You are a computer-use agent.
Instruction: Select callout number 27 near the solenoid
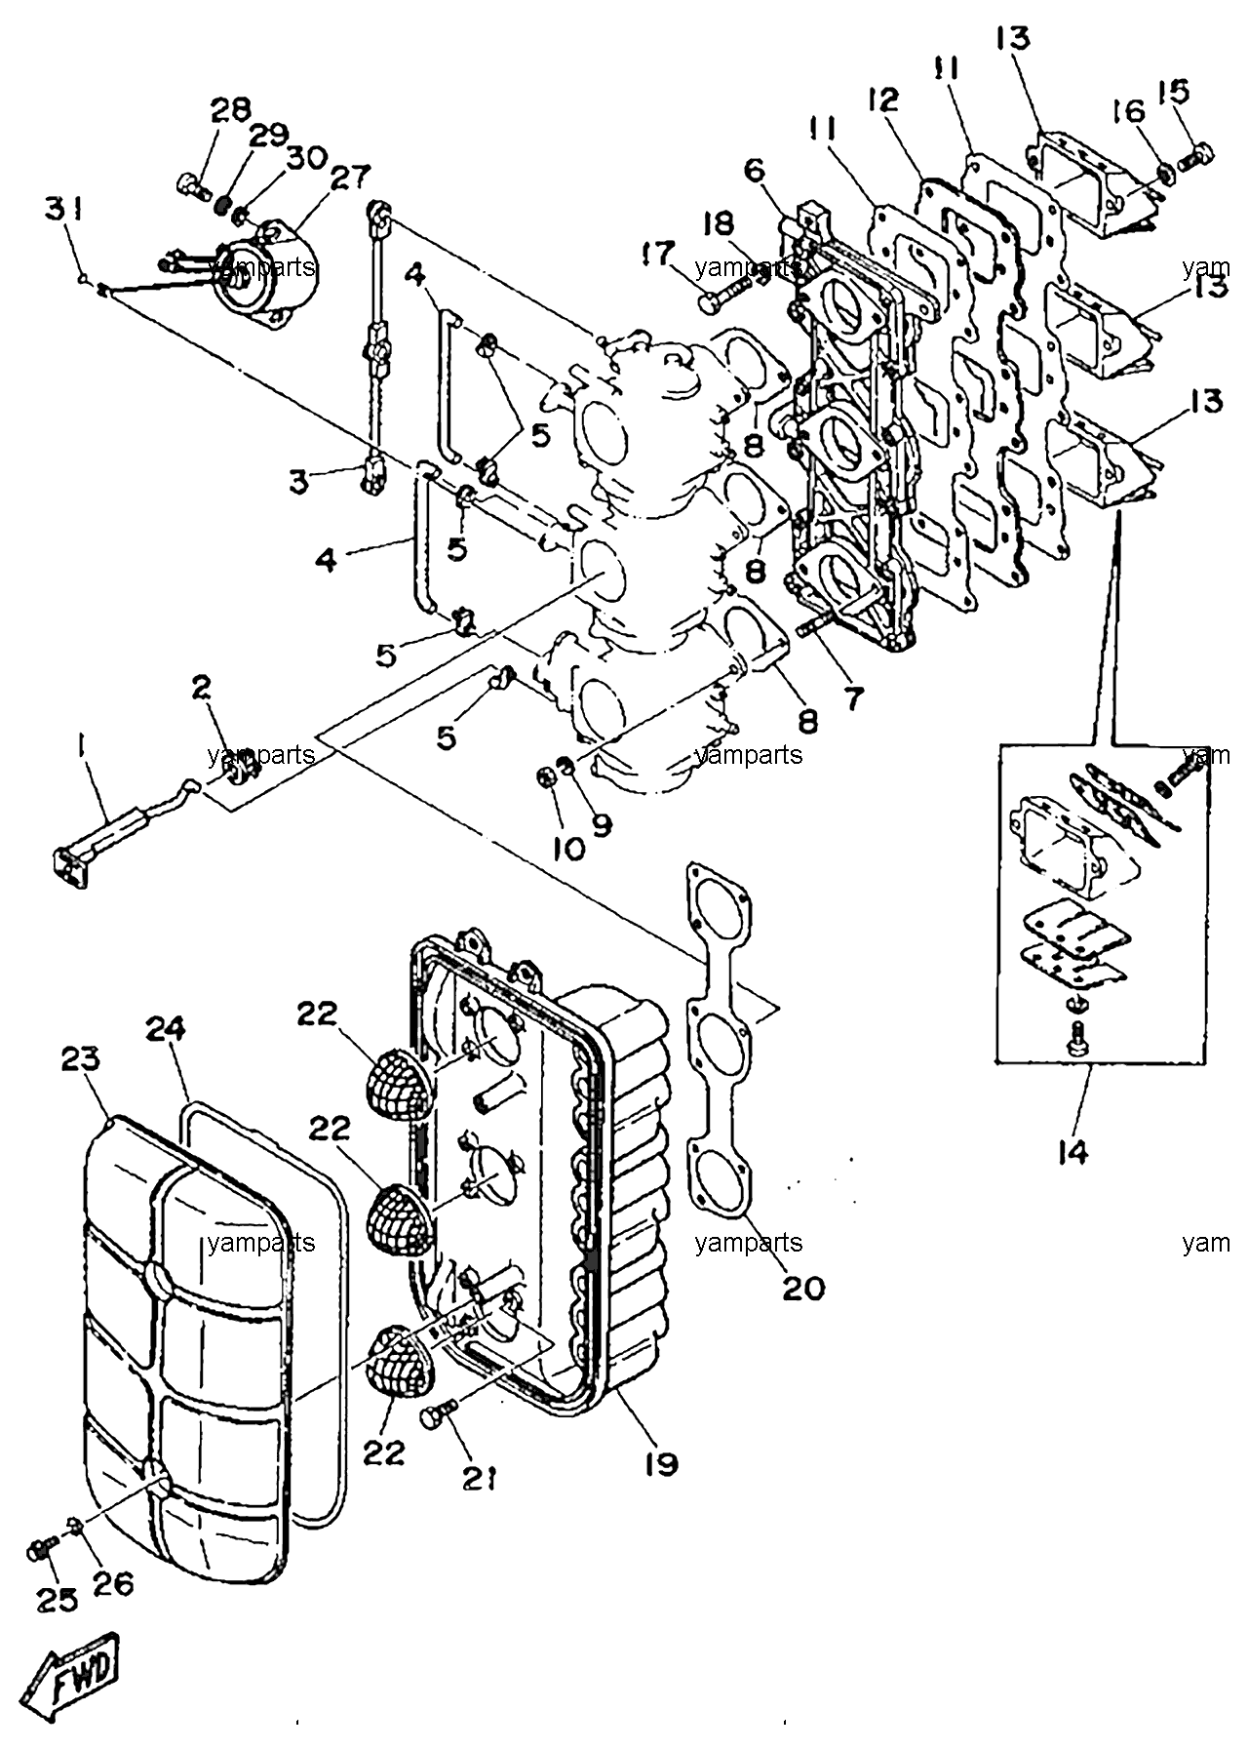coord(323,179)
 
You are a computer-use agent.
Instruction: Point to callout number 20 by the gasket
coord(802,1288)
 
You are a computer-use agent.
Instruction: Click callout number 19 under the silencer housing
coord(660,1463)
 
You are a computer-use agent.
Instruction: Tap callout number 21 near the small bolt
coord(479,1480)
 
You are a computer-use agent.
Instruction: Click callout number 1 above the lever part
coord(81,748)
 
